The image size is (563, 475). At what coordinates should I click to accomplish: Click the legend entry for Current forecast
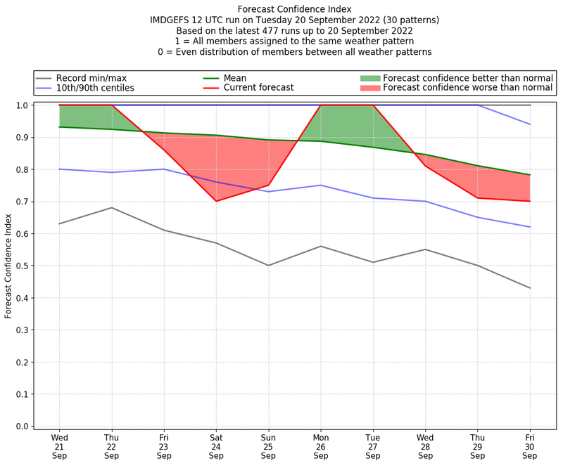258,88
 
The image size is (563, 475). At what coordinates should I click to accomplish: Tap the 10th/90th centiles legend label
95,88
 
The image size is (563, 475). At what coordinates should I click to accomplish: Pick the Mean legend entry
235,77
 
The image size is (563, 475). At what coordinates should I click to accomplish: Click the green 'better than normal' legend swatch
370,77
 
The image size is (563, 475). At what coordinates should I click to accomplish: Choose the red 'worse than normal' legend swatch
370,88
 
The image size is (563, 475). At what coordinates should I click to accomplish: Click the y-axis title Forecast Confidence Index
8,266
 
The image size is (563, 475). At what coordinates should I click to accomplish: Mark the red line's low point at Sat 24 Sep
216,201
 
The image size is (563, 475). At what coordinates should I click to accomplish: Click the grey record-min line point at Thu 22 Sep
112,207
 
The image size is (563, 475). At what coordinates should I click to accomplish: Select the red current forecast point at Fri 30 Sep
530,201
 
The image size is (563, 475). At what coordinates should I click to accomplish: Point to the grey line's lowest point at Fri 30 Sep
530,288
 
